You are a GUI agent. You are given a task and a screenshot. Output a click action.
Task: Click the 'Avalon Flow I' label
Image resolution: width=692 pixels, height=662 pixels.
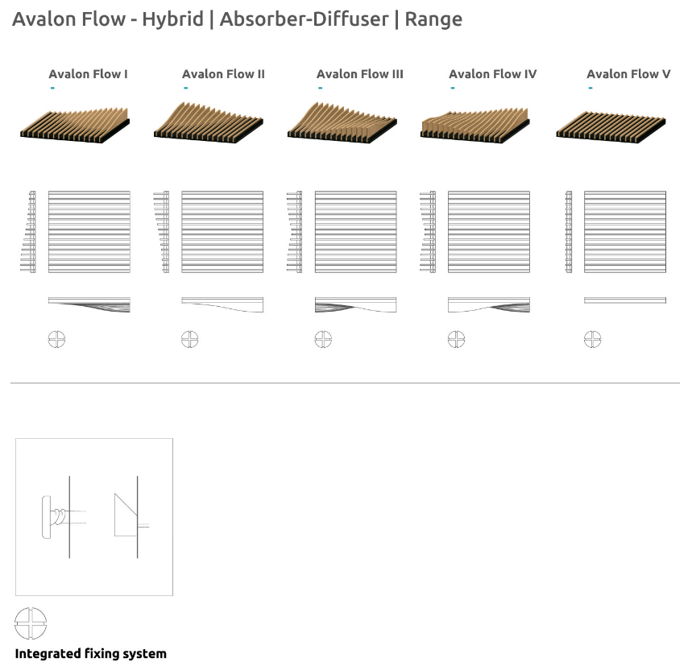(x=89, y=74)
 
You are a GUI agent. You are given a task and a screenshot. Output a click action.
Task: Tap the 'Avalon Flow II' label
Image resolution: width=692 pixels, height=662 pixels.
(x=223, y=74)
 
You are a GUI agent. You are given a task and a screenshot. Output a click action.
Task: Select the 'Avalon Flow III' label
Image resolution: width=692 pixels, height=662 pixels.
(x=359, y=74)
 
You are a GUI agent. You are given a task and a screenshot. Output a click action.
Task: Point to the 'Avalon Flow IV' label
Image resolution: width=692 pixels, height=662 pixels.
(x=492, y=74)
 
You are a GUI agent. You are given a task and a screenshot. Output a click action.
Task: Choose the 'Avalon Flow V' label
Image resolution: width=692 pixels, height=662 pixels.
(x=628, y=74)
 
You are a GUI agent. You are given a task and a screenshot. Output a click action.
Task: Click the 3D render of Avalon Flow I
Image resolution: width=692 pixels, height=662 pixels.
(x=75, y=126)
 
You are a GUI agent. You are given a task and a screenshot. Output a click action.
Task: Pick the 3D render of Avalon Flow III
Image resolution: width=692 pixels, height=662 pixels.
(x=342, y=122)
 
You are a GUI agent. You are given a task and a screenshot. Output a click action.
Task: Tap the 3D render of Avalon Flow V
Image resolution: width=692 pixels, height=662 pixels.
(x=611, y=127)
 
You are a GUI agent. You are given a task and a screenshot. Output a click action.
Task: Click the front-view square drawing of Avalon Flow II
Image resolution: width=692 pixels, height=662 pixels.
(x=222, y=232)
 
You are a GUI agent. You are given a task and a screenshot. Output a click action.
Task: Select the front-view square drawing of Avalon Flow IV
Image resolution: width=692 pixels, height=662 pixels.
(x=489, y=232)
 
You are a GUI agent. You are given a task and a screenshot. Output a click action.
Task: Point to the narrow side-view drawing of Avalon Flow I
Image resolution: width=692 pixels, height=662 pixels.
(x=29, y=232)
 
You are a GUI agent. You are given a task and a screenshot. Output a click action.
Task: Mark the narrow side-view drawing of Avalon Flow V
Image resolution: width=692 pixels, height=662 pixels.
(x=569, y=232)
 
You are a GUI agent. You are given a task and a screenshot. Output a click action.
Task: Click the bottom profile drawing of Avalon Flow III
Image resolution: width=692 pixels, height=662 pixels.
(x=356, y=305)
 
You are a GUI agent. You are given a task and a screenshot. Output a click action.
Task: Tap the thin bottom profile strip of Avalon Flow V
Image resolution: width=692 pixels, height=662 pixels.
(x=625, y=300)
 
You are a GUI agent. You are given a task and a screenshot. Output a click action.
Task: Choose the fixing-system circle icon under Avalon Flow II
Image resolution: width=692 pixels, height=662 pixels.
(x=190, y=339)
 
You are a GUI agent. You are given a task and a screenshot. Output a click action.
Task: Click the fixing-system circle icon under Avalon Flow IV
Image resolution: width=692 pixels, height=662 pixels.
(x=456, y=339)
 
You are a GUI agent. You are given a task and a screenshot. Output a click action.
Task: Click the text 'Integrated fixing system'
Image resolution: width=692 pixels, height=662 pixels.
(x=91, y=654)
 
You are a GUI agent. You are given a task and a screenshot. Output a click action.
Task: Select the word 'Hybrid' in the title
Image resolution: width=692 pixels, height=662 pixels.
(x=172, y=19)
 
